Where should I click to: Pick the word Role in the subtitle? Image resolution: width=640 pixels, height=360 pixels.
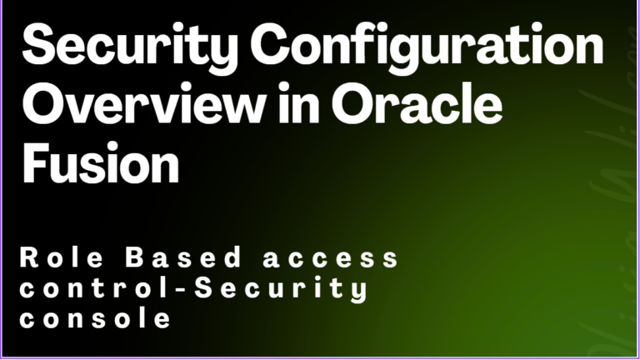[62, 257]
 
